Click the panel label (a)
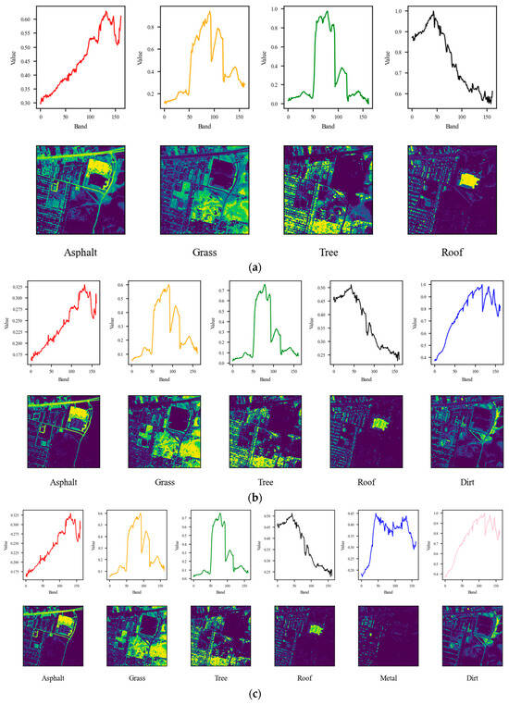254,266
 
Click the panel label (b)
254,497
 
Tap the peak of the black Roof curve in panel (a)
432,12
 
